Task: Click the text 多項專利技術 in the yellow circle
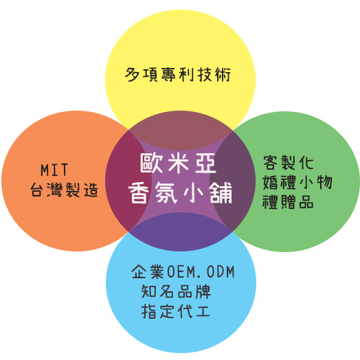(x=178, y=75)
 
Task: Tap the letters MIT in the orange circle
(x=54, y=170)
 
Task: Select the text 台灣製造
(x=65, y=190)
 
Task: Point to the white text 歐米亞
(x=178, y=164)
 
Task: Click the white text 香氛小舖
(x=180, y=193)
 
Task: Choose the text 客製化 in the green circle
(x=289, y=163)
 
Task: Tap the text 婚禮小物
(x=297, y=182)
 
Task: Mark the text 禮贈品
(x=288, y=202)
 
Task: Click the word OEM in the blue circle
(x=181, y=272)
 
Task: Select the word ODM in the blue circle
(x=221, y=272)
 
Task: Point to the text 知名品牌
(x=176, y=291)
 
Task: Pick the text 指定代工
(x=176, y=311)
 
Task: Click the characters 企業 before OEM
(x=148, y=272)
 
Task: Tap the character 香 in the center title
(x=138, y=193)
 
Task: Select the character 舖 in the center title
(x=221, y=193)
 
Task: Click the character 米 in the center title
(x=179, y=164)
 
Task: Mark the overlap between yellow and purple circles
(x=180, y=131)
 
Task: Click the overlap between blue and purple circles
(x=180, y=232)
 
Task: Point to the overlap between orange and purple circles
(x=126, y=181)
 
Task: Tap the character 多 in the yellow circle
(x=132, y=75)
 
